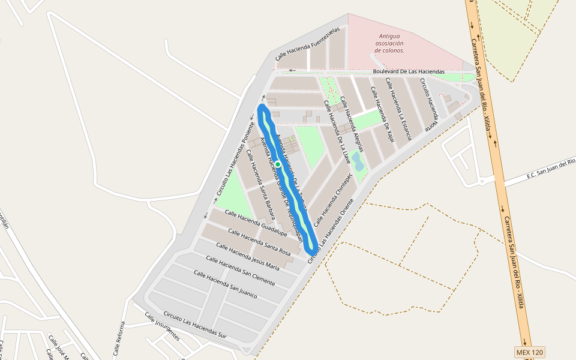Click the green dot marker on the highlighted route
pyautogui.click(x=278, y=164)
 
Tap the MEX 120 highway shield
pyautogui.click(x=529, y=352)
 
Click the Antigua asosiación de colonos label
pyautogui.click(x=389, y=43)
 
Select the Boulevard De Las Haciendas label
pyautogui.click(x=409, y=71)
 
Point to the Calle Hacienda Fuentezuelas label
pyautogui.click(x=308, y=43)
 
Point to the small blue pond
pyautogui.click(x=357, y=160)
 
